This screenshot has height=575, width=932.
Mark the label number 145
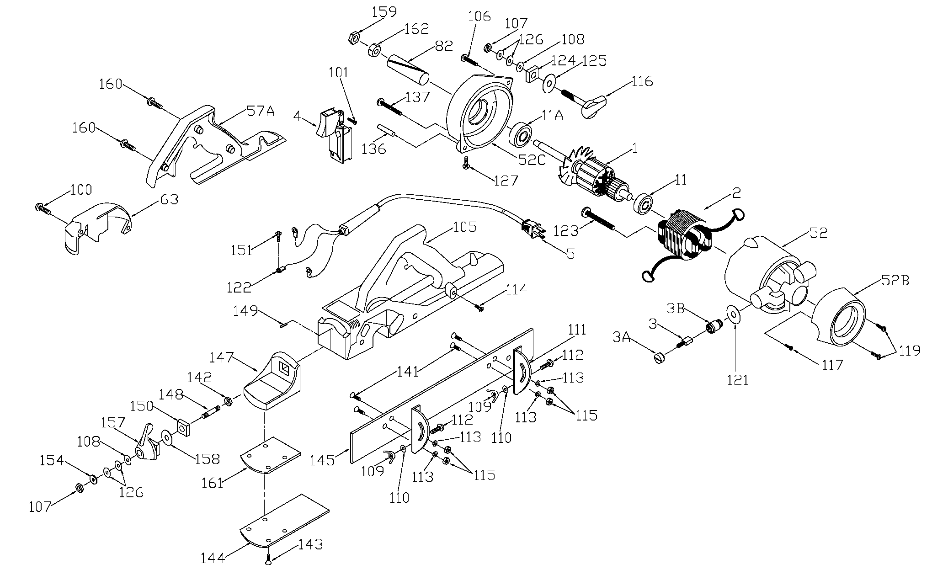pyautogui.click(x=322, y=460)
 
